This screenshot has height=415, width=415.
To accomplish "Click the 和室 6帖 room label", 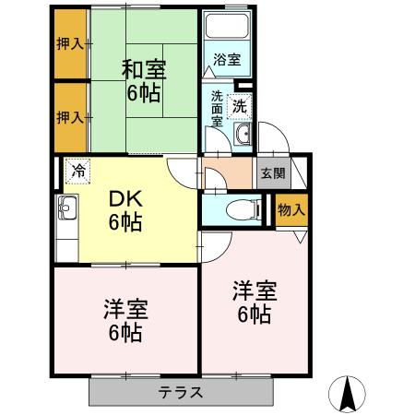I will [x=142, y=80].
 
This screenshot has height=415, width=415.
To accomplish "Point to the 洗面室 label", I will [x=217, y=109].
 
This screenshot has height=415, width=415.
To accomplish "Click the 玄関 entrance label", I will [x=273, y=172].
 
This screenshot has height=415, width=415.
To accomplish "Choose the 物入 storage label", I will [x=290, y=210].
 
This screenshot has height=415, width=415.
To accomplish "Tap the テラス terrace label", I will [x=181, y=392].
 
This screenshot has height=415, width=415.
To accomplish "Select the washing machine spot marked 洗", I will [x=240, y=105].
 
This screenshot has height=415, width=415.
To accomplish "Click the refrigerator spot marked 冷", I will [x=79, y=172].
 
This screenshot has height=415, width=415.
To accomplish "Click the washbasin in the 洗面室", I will [x=243, y=135].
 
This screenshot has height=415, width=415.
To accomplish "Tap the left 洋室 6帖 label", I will [x=123, y=320].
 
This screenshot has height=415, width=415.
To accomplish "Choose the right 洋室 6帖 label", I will [x=251, y=302].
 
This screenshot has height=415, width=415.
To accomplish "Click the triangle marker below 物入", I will [x=302, y=235].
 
